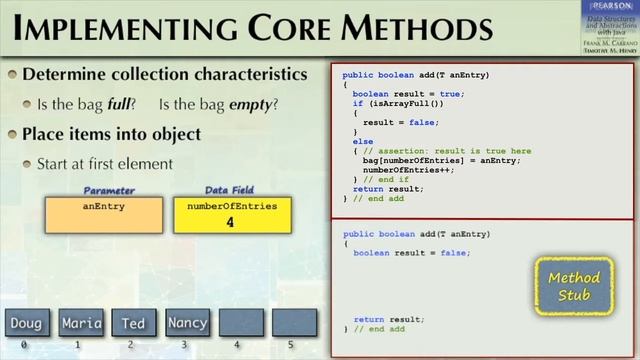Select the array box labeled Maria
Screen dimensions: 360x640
click(82, 323)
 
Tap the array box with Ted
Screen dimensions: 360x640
click(134, 323)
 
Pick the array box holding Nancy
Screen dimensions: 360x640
click(187, 323)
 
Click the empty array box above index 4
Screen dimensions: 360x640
click(241, 323)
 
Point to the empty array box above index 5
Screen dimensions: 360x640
click(294, 323)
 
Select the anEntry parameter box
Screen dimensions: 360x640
click(104, 216)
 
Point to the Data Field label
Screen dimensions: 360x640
click(231, 190)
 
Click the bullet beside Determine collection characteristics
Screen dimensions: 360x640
click(12, 75)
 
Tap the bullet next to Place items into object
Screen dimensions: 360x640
click(12, 134)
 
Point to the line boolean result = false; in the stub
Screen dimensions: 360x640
click(411, 253)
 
